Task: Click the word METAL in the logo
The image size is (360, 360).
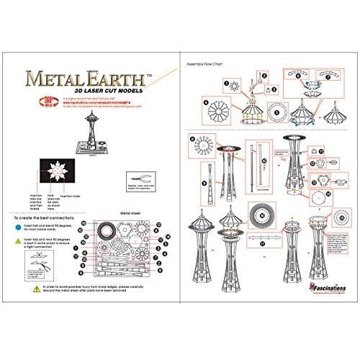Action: pyautogui.click(x=53, y=76)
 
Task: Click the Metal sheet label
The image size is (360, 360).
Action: pyautogui.click(x=130, y=214)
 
